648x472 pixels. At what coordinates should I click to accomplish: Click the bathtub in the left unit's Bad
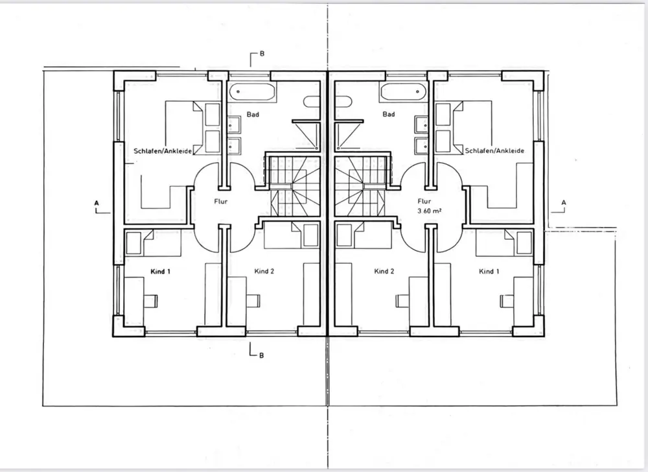click(252, 91)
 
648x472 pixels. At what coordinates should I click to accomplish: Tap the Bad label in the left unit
click(253, 115)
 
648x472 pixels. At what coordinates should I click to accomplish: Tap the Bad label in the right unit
click(389, 115)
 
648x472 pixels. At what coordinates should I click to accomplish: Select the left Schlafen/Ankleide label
click(163, 150)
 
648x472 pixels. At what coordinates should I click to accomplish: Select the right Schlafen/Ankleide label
click(494, 150)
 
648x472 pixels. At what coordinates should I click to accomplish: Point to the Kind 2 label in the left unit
click(264, 271)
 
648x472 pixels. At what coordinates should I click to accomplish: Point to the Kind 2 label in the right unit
click(384, 271)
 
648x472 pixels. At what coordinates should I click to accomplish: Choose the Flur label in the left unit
click(220, 201)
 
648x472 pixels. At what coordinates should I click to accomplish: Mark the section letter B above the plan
click(261, 54)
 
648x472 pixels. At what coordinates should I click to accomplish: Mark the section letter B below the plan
click(261, 355)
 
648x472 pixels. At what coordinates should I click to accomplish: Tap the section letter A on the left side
click(97, 202)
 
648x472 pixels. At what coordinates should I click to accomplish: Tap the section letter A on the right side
click(563, 202)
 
